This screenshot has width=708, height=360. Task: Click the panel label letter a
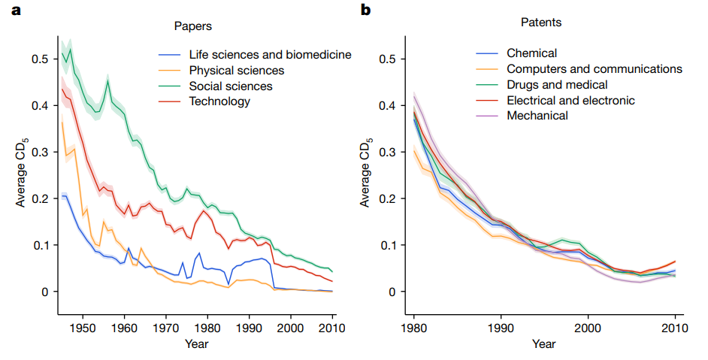9,10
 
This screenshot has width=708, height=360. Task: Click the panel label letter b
365,10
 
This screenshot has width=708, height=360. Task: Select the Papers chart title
193,26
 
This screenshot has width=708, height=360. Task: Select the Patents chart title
541,23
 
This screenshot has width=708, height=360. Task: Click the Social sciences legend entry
230,86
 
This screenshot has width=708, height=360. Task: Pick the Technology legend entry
219,101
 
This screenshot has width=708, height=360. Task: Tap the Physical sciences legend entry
237,71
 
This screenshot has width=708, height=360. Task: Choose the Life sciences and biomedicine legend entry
270,55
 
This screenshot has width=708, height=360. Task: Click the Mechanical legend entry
537,116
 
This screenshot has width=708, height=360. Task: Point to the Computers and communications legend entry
594,68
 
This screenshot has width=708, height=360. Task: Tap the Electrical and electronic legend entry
570,100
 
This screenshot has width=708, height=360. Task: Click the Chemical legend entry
531,53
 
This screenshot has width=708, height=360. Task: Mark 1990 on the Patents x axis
501,328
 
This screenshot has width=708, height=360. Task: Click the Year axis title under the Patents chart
543,344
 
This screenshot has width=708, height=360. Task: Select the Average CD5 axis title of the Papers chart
20,175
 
